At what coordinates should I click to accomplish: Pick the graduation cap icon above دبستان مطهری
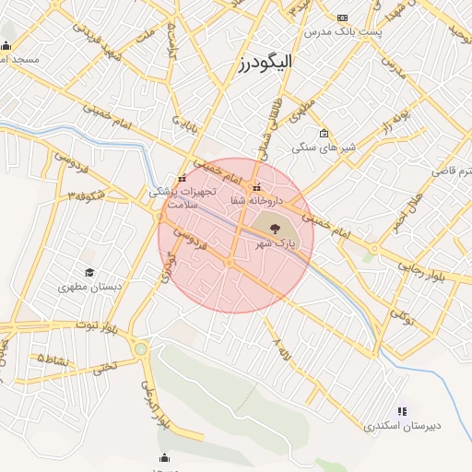click(89, 272)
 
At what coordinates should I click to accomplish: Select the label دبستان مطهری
click(89, 287)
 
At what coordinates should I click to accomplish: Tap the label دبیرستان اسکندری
click(402, 426)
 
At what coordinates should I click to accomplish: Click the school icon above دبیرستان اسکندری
click(402, 411)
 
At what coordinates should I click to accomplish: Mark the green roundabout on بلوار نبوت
click(140, 348)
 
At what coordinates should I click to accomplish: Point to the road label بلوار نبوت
click(99, 326)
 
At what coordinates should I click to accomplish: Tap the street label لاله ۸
click(279, 348)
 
